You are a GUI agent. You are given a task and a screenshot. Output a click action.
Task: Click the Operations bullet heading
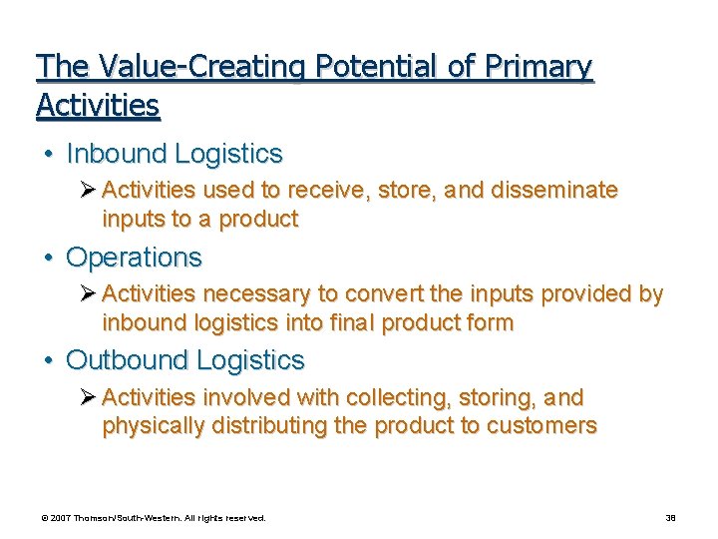(134, 258)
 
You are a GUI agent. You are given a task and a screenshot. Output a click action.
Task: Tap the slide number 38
(670, 518)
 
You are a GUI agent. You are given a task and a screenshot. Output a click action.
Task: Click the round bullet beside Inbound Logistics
(48, 155)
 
